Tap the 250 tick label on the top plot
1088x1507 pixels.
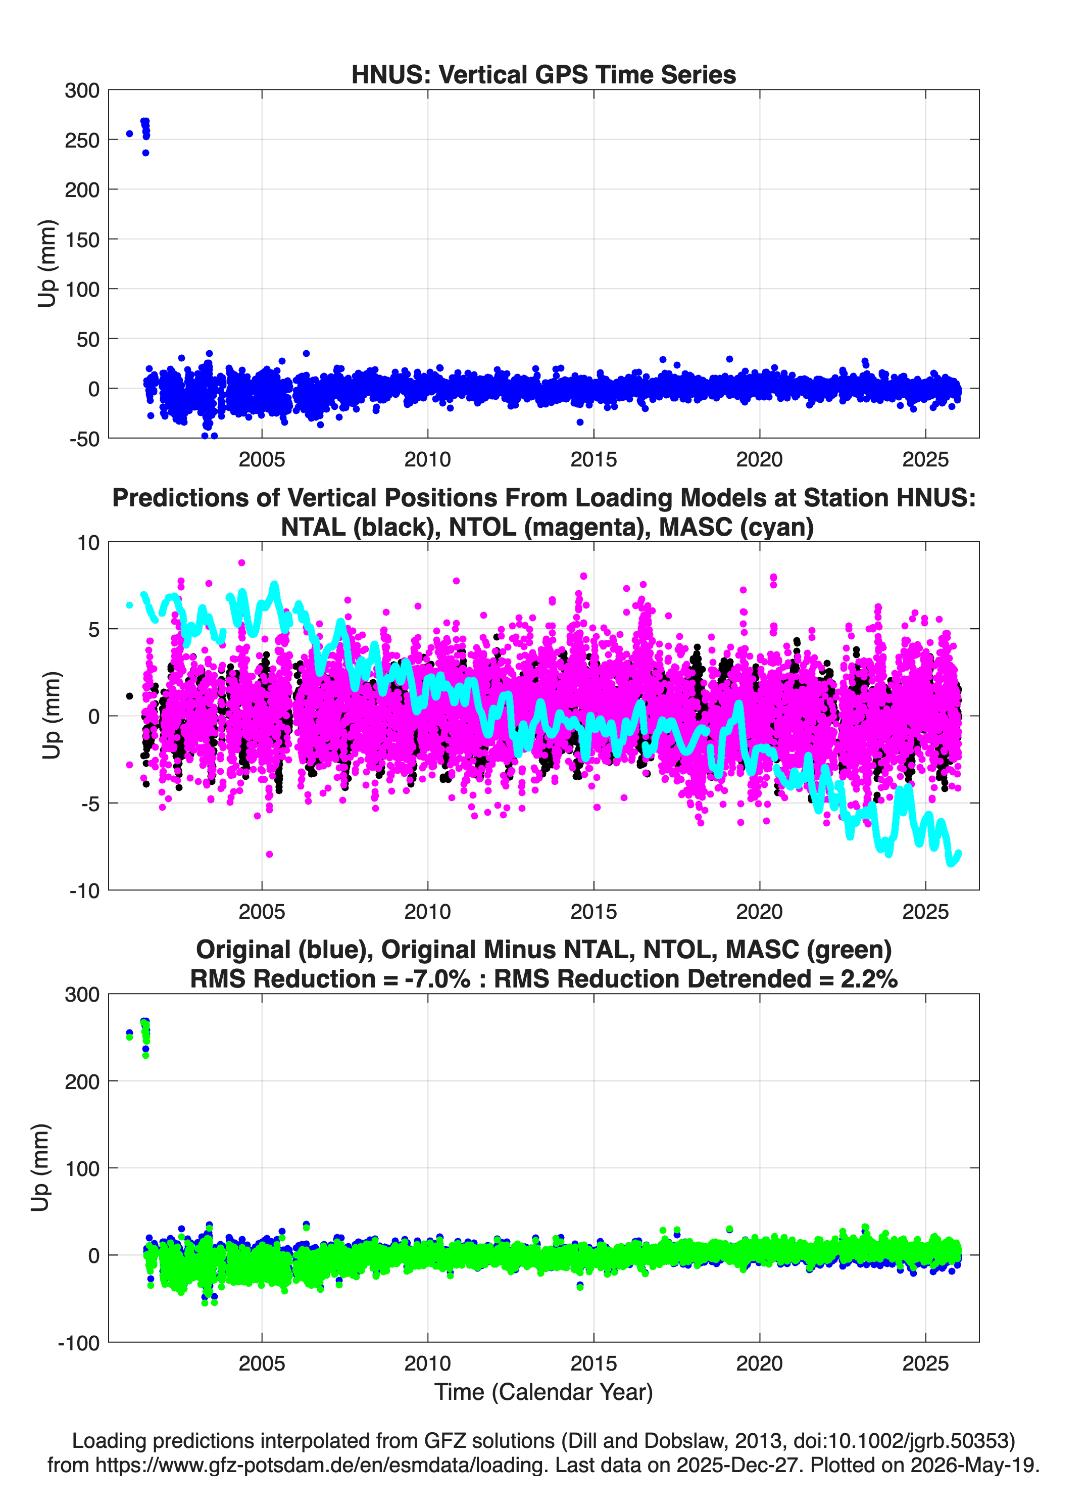pyautogui.click(x=82, y=140)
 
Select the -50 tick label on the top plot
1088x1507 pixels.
pyautogui.click(x=84, y=439)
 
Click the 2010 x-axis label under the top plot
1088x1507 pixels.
pyautogui.click(x=428, y=459)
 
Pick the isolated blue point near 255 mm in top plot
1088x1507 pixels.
pyautogui.click(x=129, y=133)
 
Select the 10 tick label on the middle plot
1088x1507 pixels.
pyautogui.click(x=88, y=543)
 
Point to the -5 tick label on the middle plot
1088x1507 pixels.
pyautogui.click(x=90, y=804)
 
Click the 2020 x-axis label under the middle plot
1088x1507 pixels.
pyautogui.click(x=759, y=912)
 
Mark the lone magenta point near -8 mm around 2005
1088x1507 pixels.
pyautogui.click(x=269, y=855)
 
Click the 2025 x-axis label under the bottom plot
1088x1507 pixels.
pyautogui.click(x=925, y=1364)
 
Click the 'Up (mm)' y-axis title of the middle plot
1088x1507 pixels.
pyautogui.click(x=51, y=716)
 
